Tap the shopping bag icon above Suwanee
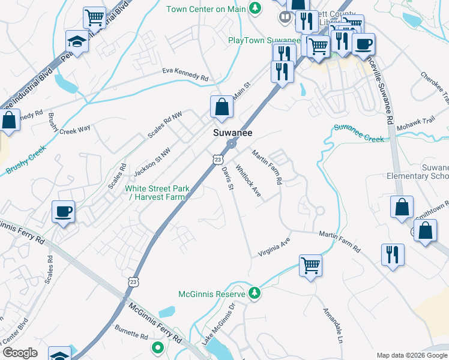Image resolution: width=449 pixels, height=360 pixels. click(221, 108)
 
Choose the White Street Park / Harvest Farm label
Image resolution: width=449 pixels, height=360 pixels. click(157, 193)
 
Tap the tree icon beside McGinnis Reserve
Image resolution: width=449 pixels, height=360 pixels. click(256, 293)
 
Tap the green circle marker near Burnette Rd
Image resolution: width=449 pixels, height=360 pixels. click(158, 347)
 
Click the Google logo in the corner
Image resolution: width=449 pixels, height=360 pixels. click(20, 352)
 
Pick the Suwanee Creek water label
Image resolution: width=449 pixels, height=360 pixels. click(358, 133)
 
